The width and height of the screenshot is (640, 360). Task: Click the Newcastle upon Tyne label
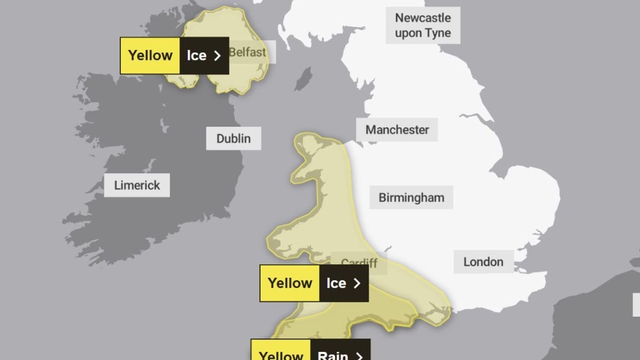pos(423,25)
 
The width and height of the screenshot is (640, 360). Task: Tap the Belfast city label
pos(248,52)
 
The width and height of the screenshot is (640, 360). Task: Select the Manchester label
pos(397,130)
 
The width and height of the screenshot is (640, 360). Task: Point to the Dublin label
pos(233,138)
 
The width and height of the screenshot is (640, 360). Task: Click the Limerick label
pos(137,185)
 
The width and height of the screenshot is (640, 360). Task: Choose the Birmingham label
pos(411,197)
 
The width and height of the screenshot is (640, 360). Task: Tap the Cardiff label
pos(359,263)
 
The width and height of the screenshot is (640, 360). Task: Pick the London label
pos(483,262)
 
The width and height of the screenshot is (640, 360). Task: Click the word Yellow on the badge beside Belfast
pos(150,56)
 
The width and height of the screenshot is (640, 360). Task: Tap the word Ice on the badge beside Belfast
pos(196,56)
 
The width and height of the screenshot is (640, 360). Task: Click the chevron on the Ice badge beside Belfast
pos(217,56)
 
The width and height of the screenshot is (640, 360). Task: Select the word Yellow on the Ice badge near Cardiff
pos(290,283)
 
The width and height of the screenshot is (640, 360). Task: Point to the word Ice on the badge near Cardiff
pos(336,283)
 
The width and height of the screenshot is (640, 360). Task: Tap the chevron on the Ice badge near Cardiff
pos(357,283)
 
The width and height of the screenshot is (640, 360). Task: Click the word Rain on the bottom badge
pos(333,355)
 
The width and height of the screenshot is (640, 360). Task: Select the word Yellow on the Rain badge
pos(281,355)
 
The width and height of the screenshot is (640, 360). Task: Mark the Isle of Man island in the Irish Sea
pos(304,79)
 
